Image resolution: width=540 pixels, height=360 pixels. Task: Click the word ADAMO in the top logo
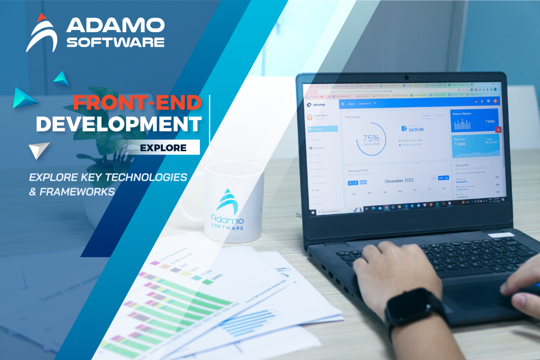pos(115,24)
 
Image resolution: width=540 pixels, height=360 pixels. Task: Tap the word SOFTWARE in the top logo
pos(115,42)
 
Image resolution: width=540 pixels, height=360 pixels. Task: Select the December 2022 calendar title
pos(401,181)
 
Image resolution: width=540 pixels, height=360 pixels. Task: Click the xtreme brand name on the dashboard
pos(319,104)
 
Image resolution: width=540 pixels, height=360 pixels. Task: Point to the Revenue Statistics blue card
pos(475,121)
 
